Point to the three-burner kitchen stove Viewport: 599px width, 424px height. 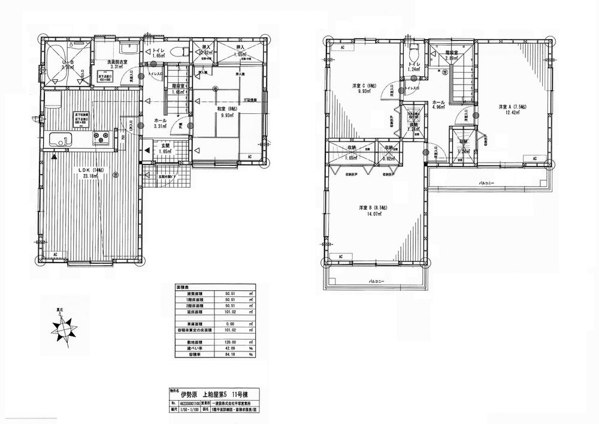101,139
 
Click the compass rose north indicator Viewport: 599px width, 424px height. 63,328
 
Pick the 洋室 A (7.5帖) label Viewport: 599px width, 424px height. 513,107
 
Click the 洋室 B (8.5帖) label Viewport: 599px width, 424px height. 373,208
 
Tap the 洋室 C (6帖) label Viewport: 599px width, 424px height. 365,86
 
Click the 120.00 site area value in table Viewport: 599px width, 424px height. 228,341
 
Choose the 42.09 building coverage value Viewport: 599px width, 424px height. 228,348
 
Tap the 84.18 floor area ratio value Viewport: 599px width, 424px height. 228,354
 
